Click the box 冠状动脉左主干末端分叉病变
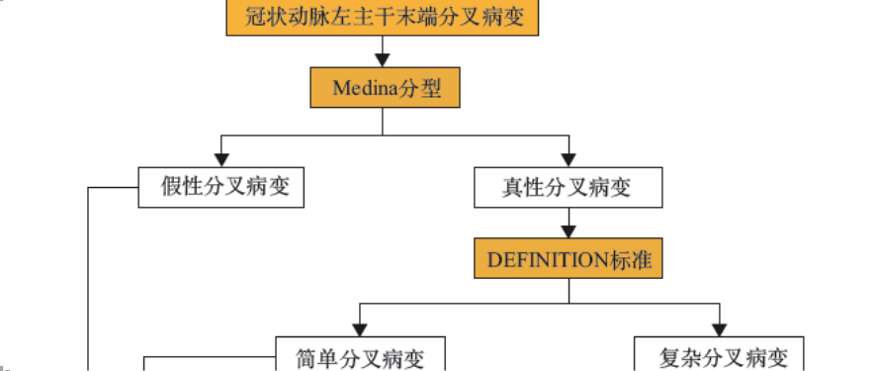pyautogui.click(x=382, y=17)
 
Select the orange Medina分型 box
pyautogui.click(x=382, y=88)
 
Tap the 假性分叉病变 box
pyautogui.click(x=221, y=187)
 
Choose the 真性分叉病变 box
pyautogui.click(x=567, y=187)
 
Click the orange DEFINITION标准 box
pyautogui.click(x=567, y=259)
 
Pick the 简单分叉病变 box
pyautogui.click(x=360, y=356)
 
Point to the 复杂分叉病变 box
pyautogui.click(x=718, y=356)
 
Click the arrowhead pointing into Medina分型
pyautogui.click(x=382, y=61)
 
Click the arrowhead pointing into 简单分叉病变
pyautogui.click(x=360, y=327)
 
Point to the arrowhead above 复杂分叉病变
pyautogui.click(x=718, y=327)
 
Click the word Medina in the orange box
pyautogui.click(x=364, y=88)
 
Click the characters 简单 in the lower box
pyautogui.click(x=317, y=357)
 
